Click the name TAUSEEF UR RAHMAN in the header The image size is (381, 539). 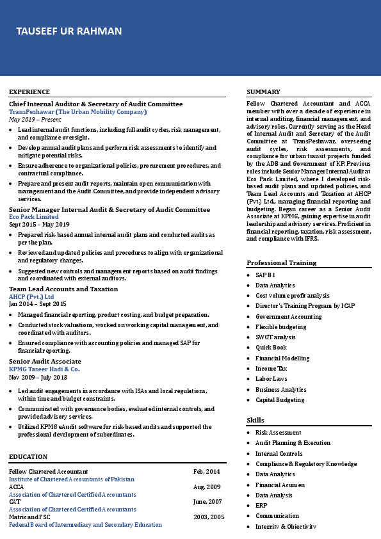pyautogui.click(x=69, y=31)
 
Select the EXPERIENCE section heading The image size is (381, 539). pyautogui.click(x=29, y=92)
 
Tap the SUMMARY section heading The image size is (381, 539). pyautogui.click(x=263, y=92)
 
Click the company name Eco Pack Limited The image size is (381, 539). pyautogui.click(x=34, y=217)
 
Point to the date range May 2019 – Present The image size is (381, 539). pyautogui.click(x=35, y=120)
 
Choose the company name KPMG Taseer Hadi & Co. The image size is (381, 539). pyautogui.click(x=44, y=369)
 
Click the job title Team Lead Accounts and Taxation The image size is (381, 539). pyautogui.click(x=63, y=289)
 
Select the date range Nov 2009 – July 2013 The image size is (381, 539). pyautogui.click(x=38, y=378)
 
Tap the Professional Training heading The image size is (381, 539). pyautogui.click(x=281, y=263)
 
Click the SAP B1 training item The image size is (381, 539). pyautogui.click(x=265, y=275)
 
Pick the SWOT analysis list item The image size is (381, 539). pyautogui.click(x=275, y=337)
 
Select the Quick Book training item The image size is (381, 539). pyautogui.click(x=271, y=348)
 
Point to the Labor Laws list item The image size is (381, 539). pyautogui.click(x=272, y=379)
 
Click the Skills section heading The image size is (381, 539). pyautogui.click(x=255, y=420)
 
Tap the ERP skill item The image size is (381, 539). pyautogui.click(x=261, y=506)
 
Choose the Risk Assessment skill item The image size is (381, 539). pyautogui.click(x=278, y=433)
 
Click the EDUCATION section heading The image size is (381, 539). pyautogui.click(x=28, y=457)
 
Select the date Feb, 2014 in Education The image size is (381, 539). pyautogui.click(x=206, y=472)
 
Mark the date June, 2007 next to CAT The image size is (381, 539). pyautogui.click(x=207, y=502)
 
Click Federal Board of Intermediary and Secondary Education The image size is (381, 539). pyautogui.click(x=85, y=525)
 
